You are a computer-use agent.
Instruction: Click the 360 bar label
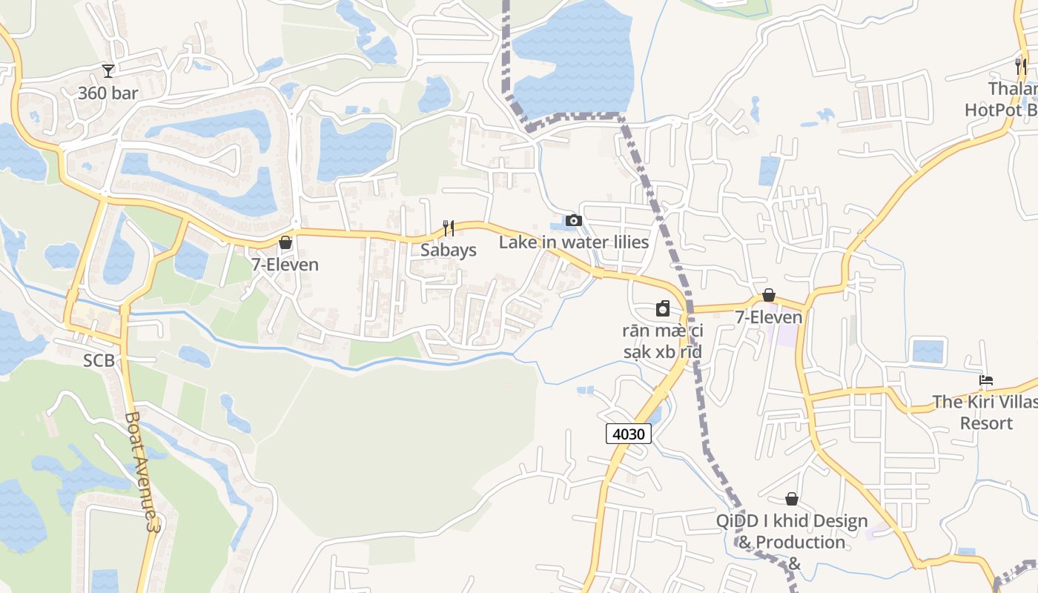coord(108,93)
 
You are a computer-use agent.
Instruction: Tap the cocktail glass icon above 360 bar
coord(108,70)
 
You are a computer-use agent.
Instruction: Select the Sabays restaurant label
coord(449,250)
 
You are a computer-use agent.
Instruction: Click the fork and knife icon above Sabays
coord(449,228)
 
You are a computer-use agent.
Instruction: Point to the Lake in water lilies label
coord(573,242)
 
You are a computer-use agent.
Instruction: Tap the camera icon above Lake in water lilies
coord(573,220)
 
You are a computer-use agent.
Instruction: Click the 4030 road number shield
coord(629,434)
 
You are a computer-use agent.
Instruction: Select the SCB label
coord(99,360)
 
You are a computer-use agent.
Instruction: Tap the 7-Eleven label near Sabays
coord(285,265)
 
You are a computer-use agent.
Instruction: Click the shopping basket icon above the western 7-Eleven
coord(285,242)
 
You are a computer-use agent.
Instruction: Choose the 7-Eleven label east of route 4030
coord(769,317)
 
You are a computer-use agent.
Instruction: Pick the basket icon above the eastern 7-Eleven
coord(769,295)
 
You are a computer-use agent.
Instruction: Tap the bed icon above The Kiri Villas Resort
coord(985,381)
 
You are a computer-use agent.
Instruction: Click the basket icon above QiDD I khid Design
coord(792,499)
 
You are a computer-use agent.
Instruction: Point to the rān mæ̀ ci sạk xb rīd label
coord(662,341)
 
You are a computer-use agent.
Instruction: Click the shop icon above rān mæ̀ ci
coord(663,308)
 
